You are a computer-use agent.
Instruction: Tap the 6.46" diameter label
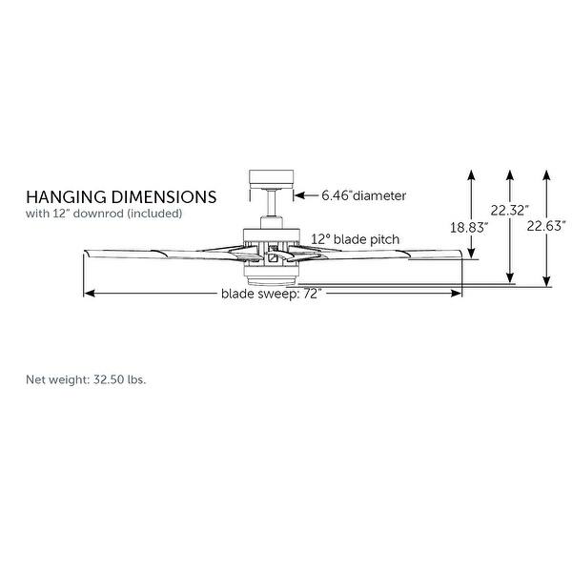pos(363,195)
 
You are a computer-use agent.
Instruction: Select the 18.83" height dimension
pos(468,227)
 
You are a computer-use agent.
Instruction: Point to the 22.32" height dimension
pos(510,210)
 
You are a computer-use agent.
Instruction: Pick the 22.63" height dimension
pos(549,226)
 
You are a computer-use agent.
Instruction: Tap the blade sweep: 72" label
pos(272,294)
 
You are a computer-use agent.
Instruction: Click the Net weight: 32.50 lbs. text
pos(86,379)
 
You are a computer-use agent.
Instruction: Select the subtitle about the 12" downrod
pos(104,214)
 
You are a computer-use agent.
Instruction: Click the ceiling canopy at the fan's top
pos(271,178)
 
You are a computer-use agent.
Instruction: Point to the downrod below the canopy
pos(272,206)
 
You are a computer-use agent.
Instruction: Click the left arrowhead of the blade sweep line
pos(88,294)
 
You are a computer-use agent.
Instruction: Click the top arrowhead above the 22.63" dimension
pos(546,174)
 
